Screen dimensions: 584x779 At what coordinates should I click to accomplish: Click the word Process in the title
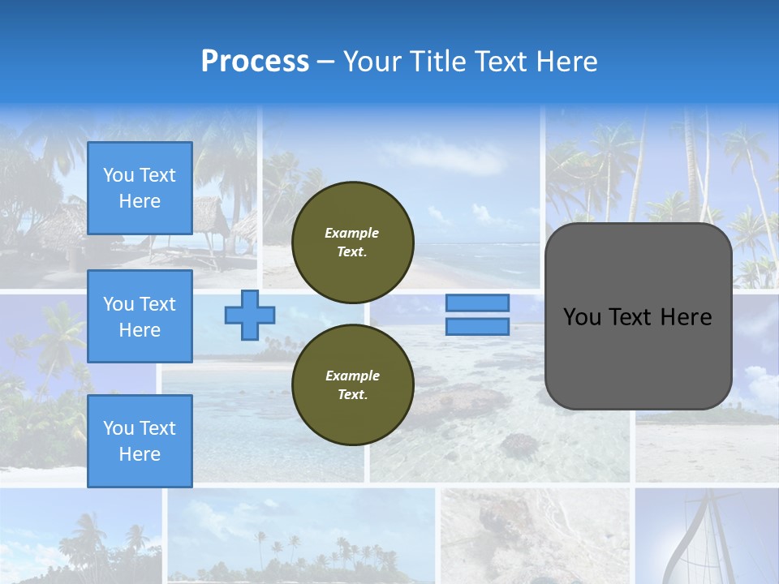coord(255,62)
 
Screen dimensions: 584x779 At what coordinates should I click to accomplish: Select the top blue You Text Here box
coord(140,188)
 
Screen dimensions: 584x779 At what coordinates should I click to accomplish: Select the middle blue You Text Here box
coord(140,316)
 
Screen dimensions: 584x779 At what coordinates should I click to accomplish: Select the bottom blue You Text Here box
coord(140,440)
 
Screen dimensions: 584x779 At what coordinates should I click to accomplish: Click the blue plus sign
coord(250,316)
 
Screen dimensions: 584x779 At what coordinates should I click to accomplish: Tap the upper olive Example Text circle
coord(352,243)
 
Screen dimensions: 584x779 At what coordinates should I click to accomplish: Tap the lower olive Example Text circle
coord(352,385)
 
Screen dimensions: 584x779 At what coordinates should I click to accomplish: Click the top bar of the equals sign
coord(477,303)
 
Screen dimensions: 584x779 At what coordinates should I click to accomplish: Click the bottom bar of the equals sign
coord(477,327)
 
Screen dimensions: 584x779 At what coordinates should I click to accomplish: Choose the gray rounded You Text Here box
coord(638,316)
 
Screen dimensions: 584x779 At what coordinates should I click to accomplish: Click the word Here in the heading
coord(565,62)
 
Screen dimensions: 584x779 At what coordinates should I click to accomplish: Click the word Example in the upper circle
coord(352,233)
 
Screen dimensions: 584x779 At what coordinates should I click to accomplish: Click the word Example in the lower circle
coord(352,376)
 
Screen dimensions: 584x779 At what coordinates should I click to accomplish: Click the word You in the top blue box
coord(118,175)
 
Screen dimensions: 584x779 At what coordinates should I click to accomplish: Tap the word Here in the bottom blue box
coord(140,454)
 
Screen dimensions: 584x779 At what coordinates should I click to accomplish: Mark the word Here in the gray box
coord(686,317)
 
